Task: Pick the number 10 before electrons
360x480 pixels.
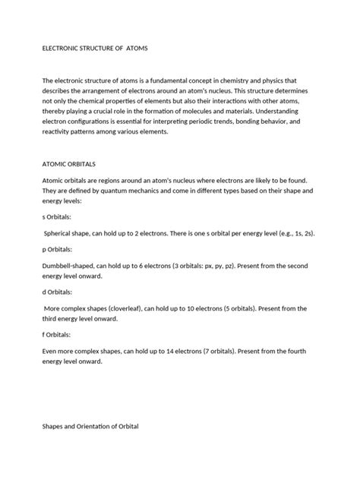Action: click(221, 309)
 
